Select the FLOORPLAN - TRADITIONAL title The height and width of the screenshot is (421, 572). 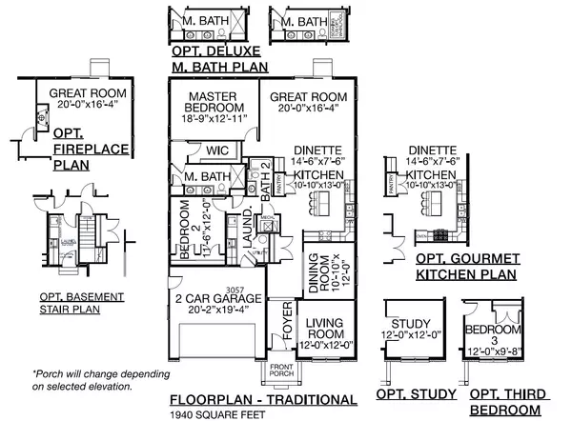(264, 399)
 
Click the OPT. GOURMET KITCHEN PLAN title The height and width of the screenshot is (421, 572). (466, 267)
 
